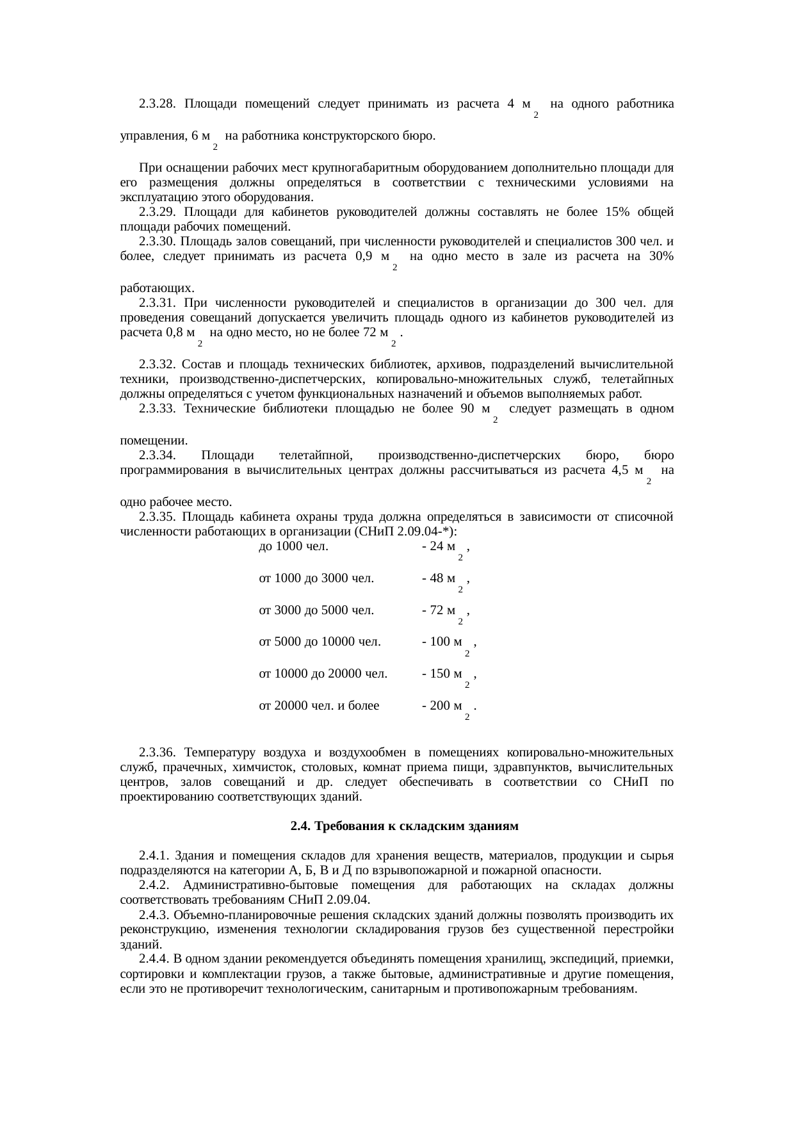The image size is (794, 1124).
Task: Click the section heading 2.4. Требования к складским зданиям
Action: click(404, 826)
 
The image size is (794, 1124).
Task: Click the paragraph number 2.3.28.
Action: click(158, 104)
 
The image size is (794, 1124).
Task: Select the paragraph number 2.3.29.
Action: click(158, 212)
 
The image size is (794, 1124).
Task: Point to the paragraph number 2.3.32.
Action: click(158, 364)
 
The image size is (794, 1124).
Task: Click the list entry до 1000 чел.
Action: click(293, 546)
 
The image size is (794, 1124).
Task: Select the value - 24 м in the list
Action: click(442, 546)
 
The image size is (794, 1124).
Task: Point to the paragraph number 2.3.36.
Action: click(158, 751)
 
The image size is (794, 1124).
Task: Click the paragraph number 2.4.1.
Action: click(154, 856)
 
